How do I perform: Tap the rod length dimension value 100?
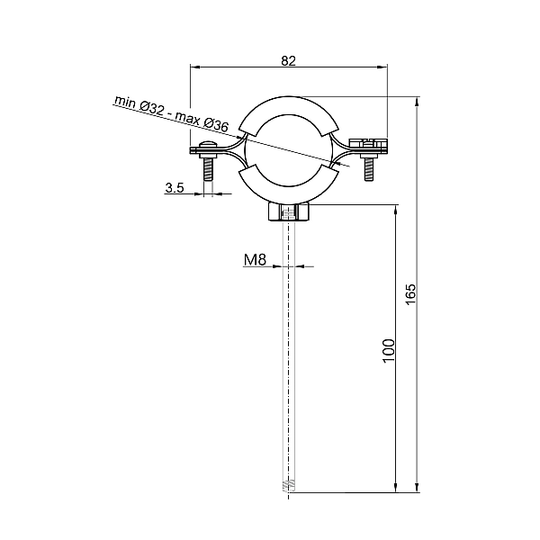coord(388,349)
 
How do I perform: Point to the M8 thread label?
coord(255,260)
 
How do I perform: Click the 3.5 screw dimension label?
coord(175,188)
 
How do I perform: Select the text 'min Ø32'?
coord(139,105)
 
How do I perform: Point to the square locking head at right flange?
coord(367,142)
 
